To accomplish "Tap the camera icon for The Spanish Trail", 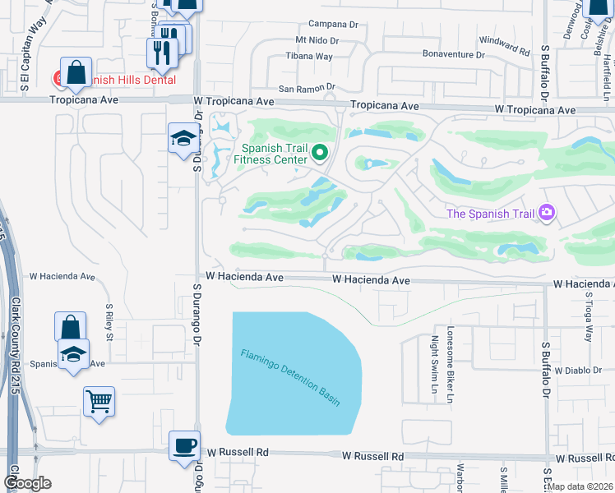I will [546, 214].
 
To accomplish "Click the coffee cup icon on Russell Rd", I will [184, 445].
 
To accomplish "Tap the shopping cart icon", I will [99, 402].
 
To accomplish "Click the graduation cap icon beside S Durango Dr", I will [183, 137].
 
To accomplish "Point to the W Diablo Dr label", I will [578, 371].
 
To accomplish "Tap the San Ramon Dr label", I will [307, 87].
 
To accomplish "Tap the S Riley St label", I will [108, 323].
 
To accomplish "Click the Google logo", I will [27, 483].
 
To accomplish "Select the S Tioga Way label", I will [588, 322].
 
